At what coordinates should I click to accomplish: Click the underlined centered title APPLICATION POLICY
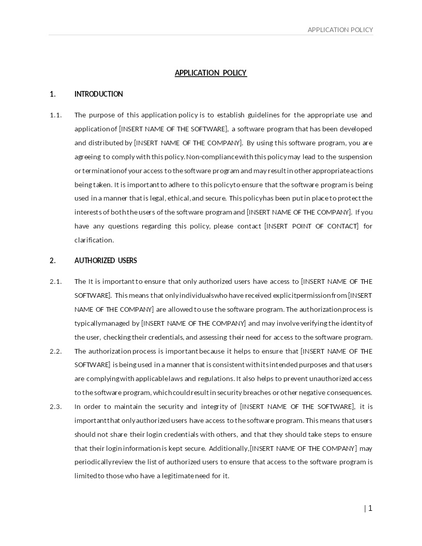(210, 73)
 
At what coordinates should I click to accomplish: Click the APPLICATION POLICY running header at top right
(340, 30)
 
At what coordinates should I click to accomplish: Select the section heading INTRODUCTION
(99, 94)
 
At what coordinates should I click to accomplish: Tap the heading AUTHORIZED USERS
(106, 261)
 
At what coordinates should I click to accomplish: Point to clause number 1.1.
(55, 115)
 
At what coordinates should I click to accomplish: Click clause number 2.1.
(55, 281)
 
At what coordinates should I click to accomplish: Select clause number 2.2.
(55, 351)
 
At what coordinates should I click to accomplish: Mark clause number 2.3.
(55, 406)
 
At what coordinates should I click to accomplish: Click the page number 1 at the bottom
(370, 508)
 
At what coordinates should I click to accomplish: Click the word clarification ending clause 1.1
(94, 240)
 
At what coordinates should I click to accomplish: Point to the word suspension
(355, 157)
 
